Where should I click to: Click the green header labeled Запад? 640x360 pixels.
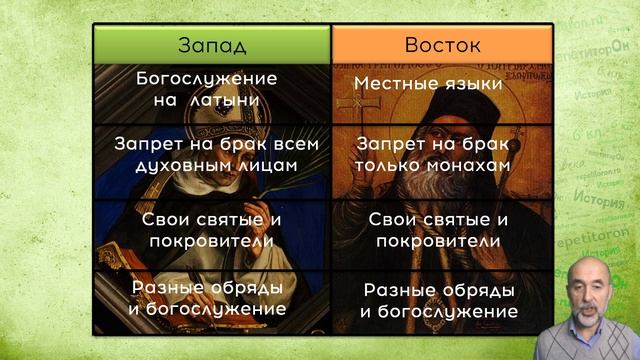(x=212, y=44)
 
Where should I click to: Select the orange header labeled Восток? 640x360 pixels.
(x=442, y=44)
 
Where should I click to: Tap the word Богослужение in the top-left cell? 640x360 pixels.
(x=206, y=77)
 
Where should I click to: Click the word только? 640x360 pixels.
(x=389, y=166)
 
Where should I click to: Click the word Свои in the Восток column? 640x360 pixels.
(x=391, y=219)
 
